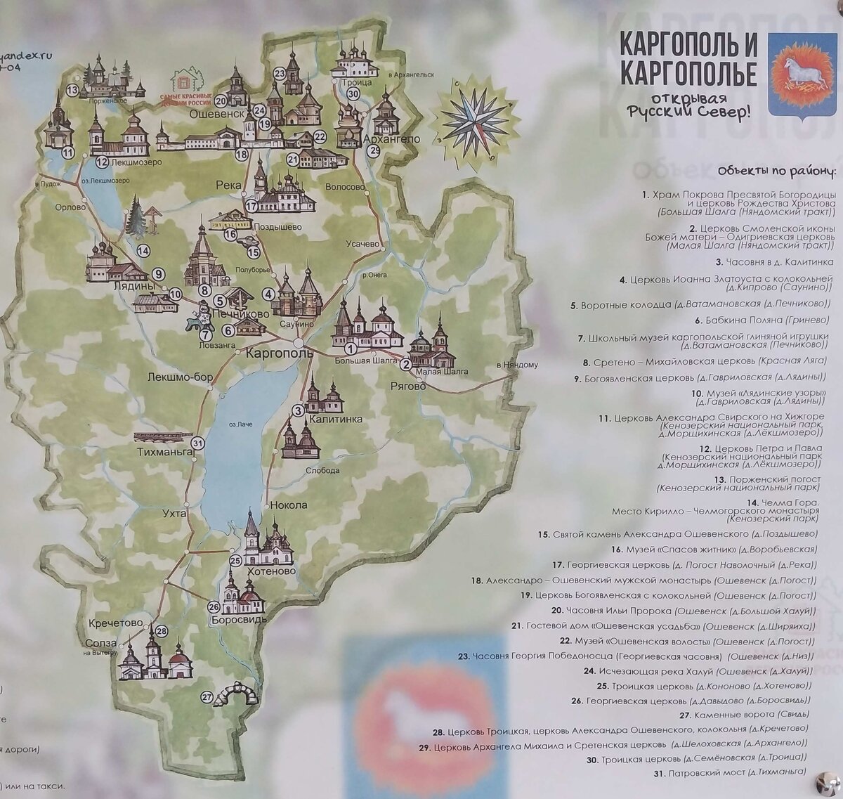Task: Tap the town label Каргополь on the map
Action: (x=279, y=353)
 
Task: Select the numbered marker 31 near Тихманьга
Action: (x=197, y=443)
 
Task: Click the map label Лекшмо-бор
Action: (x=180, y=377)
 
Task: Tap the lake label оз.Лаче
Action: (x=240, y=424)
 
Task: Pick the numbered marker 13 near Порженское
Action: (x=72, y=90)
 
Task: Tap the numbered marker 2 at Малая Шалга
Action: (x=405, y=364)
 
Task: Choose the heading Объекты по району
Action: (x=777, y=171)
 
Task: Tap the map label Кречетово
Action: (x=116, y=623)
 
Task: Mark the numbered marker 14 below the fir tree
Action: (x=143, y=250)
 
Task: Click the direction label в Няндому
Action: (x=516, y=365)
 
